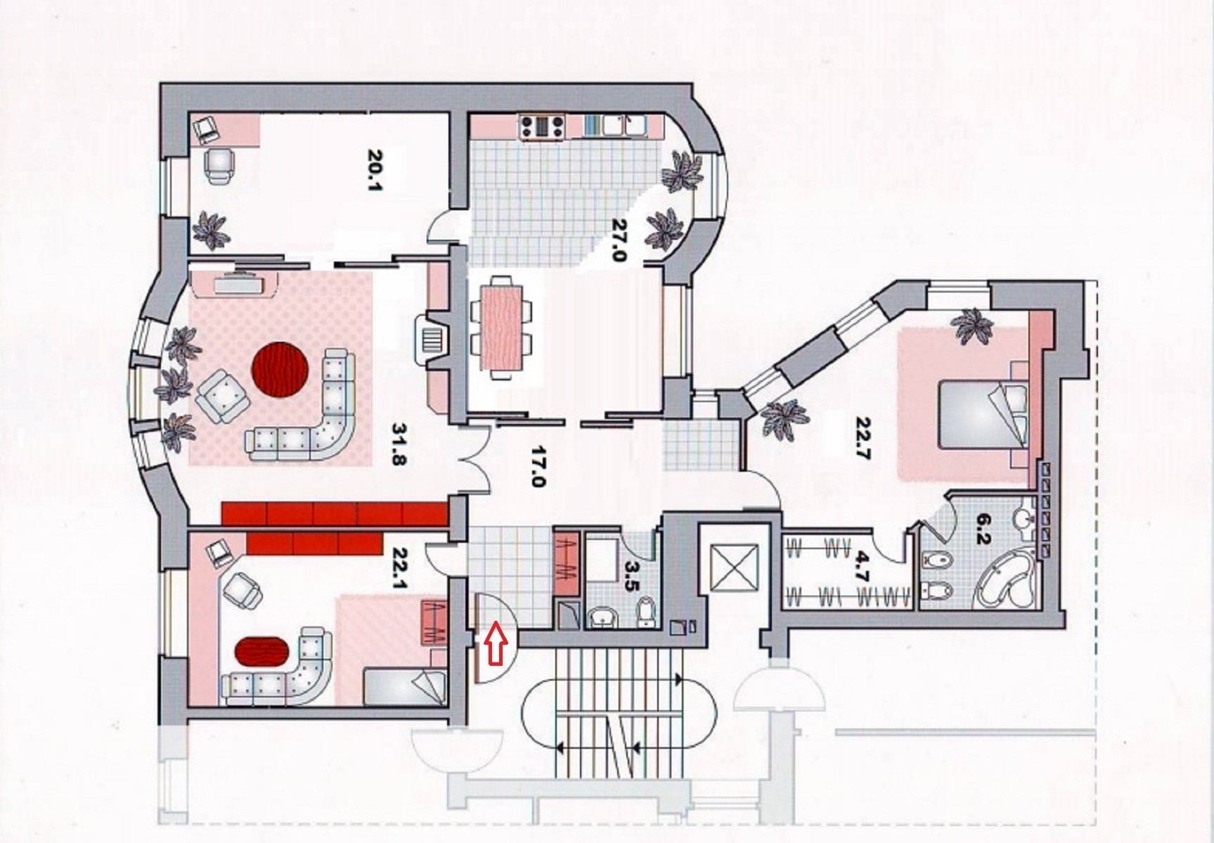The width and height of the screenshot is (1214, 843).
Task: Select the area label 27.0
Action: (x=619, y=240)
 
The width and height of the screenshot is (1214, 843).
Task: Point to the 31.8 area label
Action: (x=401, y=444)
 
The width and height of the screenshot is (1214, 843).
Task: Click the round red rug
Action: (x=281, y=371)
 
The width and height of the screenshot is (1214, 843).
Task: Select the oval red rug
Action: (x=262, y=652)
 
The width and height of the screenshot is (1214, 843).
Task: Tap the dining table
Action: (x=501, y=328)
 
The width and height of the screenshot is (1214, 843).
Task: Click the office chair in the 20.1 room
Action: (x=220, y=165)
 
